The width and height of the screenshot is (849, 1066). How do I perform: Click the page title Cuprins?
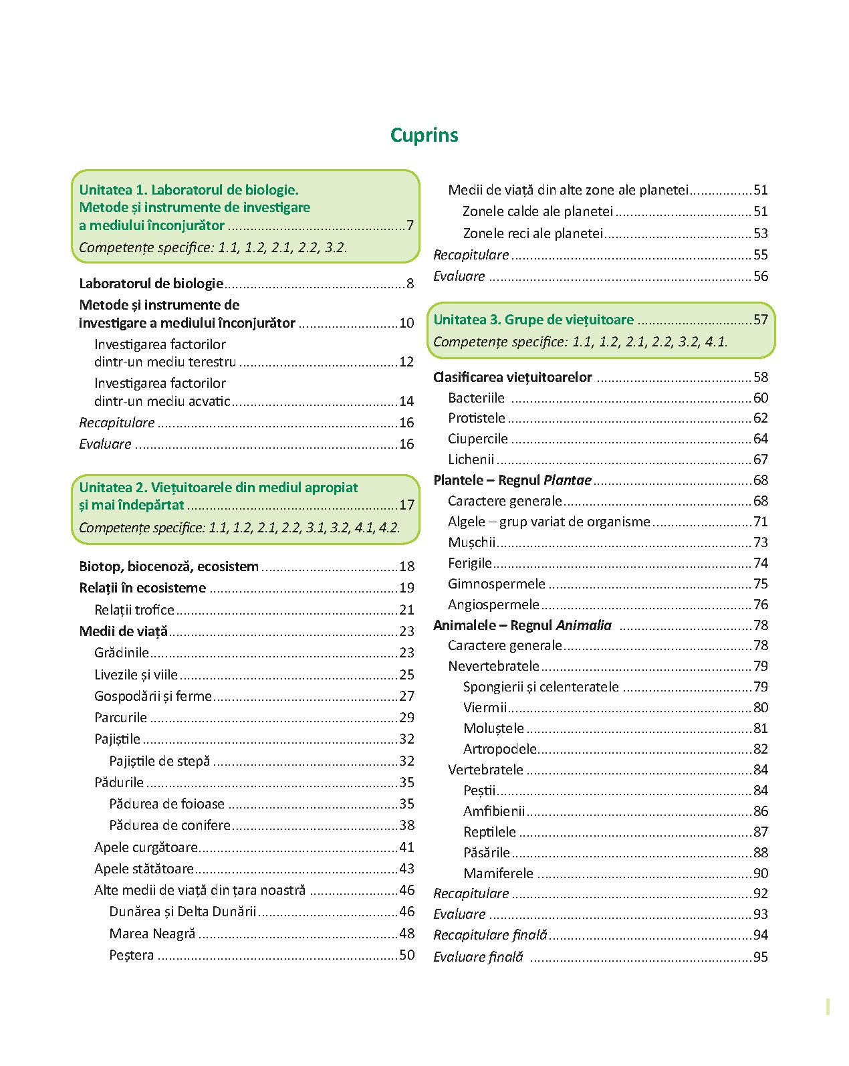pos(424,135)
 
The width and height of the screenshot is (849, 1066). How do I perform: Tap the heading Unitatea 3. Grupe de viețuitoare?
pos(533,320)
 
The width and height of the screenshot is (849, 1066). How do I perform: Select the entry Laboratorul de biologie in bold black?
pos(151,284)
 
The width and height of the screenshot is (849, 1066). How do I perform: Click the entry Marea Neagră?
pos(152,934)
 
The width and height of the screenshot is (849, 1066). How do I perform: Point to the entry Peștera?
pos(132,955)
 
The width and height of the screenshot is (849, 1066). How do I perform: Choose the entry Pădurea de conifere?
pos(170,825)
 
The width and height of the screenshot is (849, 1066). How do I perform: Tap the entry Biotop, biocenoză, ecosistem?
pos(168,566)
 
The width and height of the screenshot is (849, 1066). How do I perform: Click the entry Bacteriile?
pos(476,398)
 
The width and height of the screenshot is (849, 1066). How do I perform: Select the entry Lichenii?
pos(471,459)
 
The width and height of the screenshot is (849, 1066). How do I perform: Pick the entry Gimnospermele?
pos(496,584)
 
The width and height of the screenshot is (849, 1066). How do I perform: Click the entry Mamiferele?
pos(498,873)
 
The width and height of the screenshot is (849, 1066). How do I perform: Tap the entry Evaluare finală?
pos(477,957)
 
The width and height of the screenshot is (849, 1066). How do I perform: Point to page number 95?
pos(760,957)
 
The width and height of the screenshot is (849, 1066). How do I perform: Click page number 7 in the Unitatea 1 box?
pos(410,225)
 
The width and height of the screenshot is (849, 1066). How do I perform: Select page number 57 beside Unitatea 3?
pos(760,320)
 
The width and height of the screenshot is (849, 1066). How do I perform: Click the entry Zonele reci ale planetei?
pos(533,233)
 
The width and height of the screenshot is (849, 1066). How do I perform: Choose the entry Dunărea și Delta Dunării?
pos(183,912)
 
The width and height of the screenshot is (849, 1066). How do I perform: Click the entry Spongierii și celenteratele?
pos(541,687)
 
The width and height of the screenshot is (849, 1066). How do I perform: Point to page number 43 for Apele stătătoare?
pos(406,869)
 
